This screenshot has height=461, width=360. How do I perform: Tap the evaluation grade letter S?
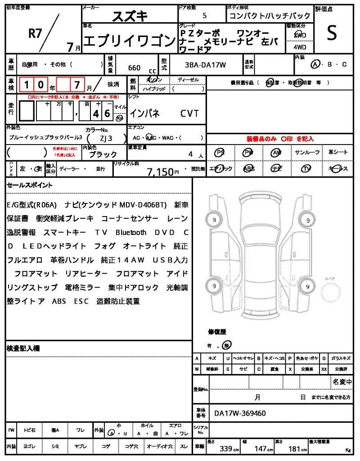click(332, 33)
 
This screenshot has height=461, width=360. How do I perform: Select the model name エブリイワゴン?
click(129, 41)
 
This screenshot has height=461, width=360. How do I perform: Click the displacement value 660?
click(134, 68)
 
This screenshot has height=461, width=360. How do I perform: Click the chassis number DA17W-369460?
click(240, 413)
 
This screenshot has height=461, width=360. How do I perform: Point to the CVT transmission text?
click(189, 113)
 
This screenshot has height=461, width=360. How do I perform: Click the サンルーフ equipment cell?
click(307, 153)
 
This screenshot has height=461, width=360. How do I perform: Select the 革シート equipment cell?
click(338, 153)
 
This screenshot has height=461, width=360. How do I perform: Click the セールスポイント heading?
click(29, 185)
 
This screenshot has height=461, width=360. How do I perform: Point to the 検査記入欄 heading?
click(23, 348)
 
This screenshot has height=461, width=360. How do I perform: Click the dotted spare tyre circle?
click(331, 295)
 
